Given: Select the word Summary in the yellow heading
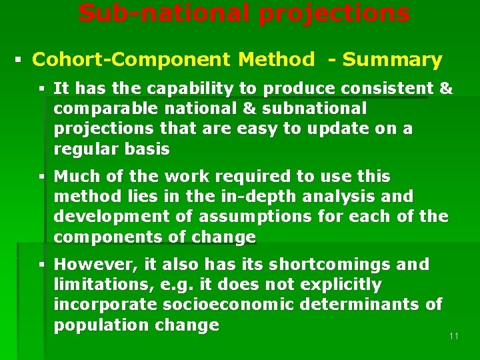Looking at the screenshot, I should tap(392, 60).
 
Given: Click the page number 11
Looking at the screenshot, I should tap(454, 336).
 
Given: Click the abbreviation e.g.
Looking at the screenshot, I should tap(176, 285).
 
